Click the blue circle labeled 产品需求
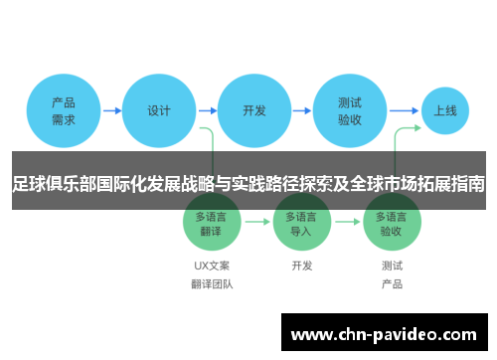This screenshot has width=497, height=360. (64, 110)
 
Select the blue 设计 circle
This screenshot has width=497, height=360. (159, 110)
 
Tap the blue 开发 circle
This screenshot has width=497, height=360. (254, 110)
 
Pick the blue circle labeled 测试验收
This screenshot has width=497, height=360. (350, 110)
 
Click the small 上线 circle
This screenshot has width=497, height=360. (445, 110)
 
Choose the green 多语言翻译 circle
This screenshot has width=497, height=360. (212, 223)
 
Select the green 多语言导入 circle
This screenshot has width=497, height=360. (302, 223)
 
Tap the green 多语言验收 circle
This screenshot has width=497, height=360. (392, 223)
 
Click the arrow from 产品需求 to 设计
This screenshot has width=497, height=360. (111, 110)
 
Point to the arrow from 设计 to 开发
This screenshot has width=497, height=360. (207, 110)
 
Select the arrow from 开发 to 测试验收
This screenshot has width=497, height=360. (302, 110)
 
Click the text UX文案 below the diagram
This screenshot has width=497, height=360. (212, 266)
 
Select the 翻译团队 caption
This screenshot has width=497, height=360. (212, 284)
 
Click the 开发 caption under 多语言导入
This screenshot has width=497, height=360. (302, 266)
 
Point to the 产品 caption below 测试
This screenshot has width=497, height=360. (392, 284)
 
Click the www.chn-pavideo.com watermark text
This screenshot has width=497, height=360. (388, 334)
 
